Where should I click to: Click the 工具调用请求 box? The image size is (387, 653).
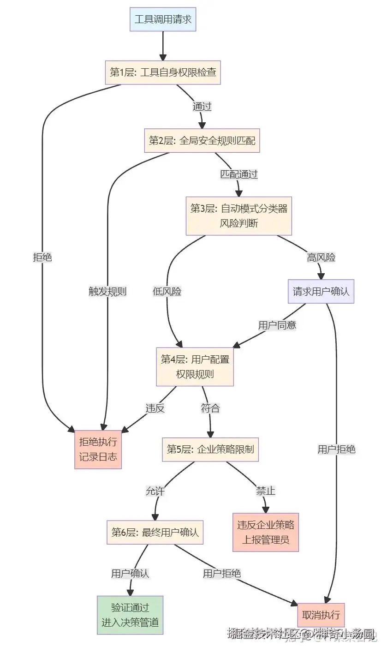[x=163, y=19]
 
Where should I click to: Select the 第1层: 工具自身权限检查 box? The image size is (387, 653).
[x=163, y=72]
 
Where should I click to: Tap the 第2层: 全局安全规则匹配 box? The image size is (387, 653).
[x=202, y=140]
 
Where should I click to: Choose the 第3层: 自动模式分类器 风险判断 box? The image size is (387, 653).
[x=239, y=216]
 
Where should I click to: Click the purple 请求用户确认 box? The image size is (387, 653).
[x=321, y=292]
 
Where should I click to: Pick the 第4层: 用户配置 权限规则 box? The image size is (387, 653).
[x=195, y=366]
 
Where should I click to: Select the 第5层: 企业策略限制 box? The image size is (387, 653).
[x=210, y=449]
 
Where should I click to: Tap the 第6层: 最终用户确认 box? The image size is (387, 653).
[x=155, y=532]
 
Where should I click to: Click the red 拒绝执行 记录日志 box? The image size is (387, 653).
[x=98, y=449]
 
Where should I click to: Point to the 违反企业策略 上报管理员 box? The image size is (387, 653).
[x=266, y=532]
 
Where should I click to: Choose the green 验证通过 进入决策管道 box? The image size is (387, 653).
[x=130, y=615]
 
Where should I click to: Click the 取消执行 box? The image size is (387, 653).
[x=321, y=615]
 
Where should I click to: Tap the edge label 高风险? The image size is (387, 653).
[x=321, y=258]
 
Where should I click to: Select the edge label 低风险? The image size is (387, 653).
[x=167, y=292]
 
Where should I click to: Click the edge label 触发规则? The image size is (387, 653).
[x=107, y=292]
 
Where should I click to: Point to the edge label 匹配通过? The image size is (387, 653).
[x=238, y=174]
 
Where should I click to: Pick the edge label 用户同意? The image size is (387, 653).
[x=277, y=325]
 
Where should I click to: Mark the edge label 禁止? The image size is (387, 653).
[x=266, y=491]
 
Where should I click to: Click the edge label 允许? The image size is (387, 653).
[x=155, y=491]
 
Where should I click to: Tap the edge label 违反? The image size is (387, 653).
[x=155, y=408]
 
